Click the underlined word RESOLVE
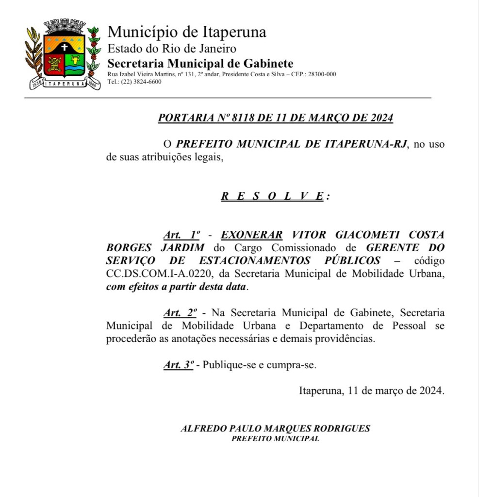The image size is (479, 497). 272,196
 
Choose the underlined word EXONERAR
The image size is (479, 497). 252,235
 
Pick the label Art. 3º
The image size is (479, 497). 178,365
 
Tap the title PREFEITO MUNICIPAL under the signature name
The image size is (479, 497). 275,438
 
